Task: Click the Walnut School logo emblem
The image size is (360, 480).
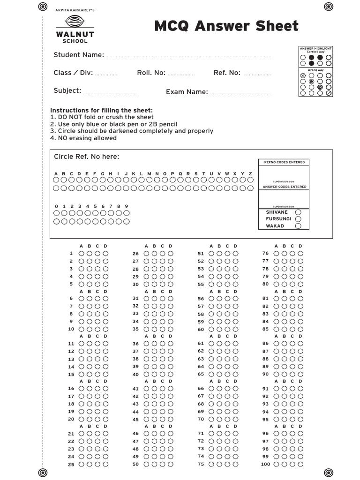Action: pos(75,22)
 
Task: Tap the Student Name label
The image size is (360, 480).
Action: pos(79,55)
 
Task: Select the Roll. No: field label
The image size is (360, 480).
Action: pos(151,73)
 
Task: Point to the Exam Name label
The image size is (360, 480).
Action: pos(187,92)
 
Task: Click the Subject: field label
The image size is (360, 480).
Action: pos(67,90)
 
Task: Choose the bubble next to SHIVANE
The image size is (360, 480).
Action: pos(298,212)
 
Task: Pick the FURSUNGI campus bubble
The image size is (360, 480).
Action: pos(298,219)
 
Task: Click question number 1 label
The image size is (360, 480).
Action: pos(71,254)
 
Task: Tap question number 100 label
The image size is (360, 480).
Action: pos(266,464)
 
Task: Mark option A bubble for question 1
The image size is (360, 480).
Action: pos(82,254)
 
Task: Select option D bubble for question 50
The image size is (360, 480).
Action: pos(171,464)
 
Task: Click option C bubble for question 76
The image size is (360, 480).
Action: pos(292,254)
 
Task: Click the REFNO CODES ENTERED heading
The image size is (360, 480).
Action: pos(284,162)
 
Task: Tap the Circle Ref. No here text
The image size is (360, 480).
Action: pos(87,157)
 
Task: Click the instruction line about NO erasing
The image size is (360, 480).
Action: pos(83,138)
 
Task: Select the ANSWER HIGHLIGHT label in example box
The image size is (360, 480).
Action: pos(315,48)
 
